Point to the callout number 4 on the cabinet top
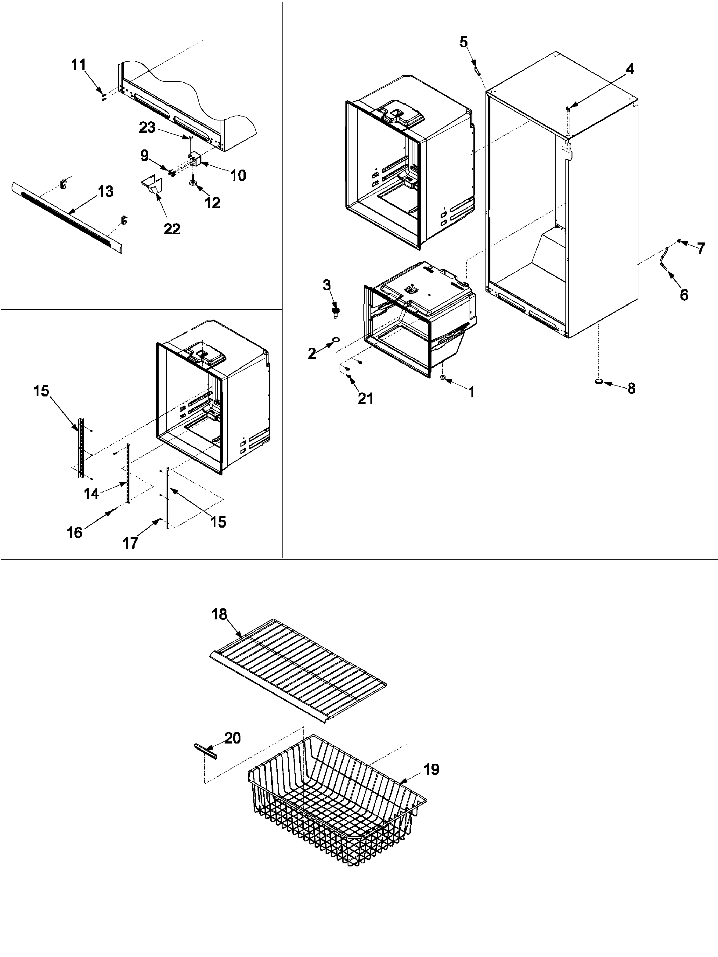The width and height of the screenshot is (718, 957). [x=630, y=69]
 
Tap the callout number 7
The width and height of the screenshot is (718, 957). [x=701, y=248]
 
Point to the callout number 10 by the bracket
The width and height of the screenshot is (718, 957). [x=238, y=175]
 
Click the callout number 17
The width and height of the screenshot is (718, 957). [x=130, y=543]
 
